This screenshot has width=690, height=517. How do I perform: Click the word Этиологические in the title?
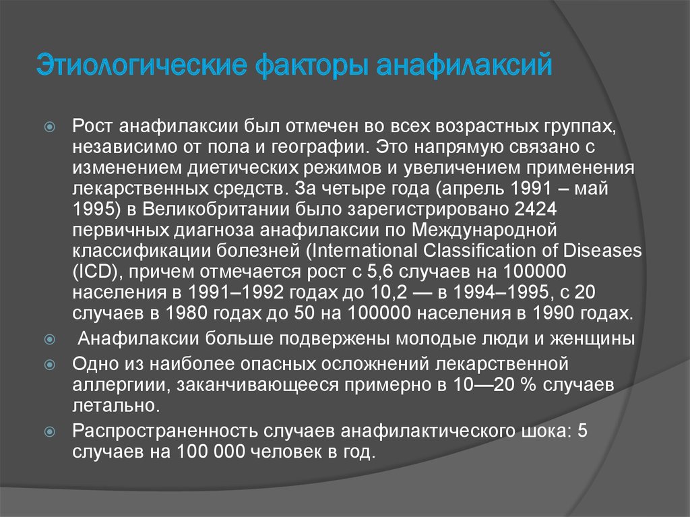tap(142, 65)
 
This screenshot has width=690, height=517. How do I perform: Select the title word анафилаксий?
tap(464, 65)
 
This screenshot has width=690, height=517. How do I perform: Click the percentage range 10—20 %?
tap(495, 385)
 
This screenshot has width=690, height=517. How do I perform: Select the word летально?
tap(116, 406)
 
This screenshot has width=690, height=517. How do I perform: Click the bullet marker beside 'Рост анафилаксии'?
tap(50, 127)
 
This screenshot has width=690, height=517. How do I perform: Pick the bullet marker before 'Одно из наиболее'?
tap(50, 365)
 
